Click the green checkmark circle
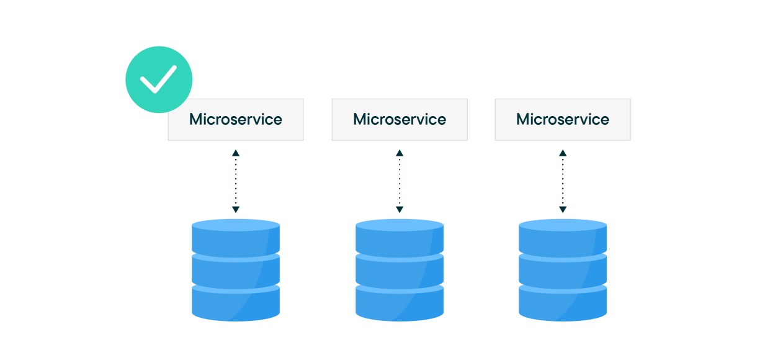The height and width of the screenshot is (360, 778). click(x=159, y=79)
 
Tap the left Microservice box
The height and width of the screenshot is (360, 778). click(x=236, y=120)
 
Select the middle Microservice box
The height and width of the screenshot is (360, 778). click(x=400, y=120)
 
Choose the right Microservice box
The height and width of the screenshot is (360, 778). click(x=563, y=120)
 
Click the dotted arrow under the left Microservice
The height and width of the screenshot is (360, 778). click(x=235, y=181)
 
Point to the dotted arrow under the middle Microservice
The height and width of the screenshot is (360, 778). click(x=400, y=181)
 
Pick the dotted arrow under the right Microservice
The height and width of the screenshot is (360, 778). click(x=563, y=181)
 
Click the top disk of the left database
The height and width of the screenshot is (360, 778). click(x=235, y=237)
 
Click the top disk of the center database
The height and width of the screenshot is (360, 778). click(x=400, y=237)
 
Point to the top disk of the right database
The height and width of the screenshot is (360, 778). click(x=563, y=237)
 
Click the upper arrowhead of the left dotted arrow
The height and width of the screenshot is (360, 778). click(x=235, y=153)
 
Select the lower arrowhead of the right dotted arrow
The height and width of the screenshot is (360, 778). click(x=563, y=210)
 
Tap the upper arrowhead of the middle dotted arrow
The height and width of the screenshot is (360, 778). click(x=400, y=153)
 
